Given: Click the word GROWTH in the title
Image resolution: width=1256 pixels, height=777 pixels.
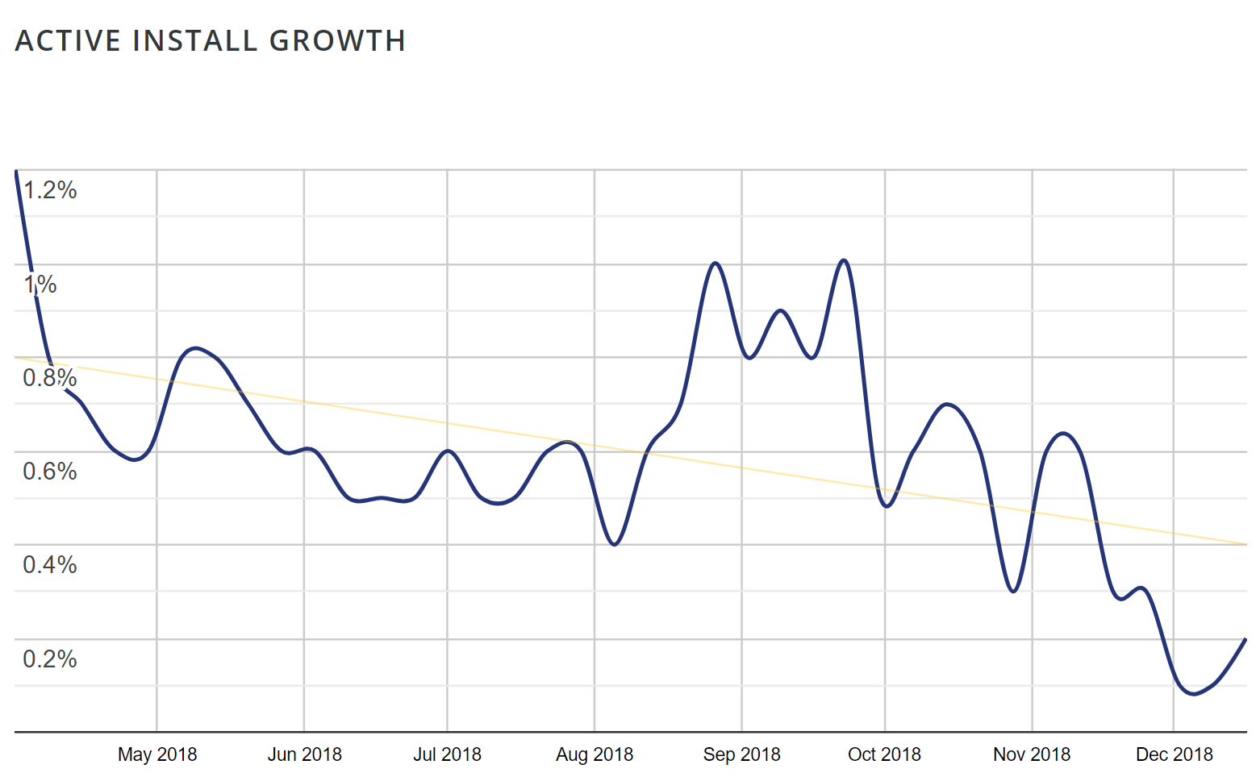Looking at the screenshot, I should pyautogui.click(x=337, y=41).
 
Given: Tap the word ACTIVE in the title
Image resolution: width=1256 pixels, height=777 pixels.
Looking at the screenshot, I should pyautogui.click(x=69, y=41).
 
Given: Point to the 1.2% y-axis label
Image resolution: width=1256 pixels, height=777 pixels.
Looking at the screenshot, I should pyautogui.click(x=50, y=190).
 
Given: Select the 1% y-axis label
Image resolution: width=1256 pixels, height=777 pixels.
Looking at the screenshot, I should pyautogui.click(x=40, y=285).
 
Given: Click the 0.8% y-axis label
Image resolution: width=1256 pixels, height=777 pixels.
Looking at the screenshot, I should pyautogui.click(x=50, y=378).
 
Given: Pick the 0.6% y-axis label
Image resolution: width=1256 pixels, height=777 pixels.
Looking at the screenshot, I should pyautogui.click(x=50, y=472).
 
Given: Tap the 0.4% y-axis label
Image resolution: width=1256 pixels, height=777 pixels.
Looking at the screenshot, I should pyautogui.click(x=50, y=565).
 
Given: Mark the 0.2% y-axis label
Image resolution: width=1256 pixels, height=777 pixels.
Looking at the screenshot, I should pyautogui.click(x=50, y=659).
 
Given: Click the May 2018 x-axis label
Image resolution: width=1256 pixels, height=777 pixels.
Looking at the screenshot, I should pyautogui.click(x=157, y=754).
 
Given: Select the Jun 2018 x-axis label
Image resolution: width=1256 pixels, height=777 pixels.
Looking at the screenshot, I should pyautogui.click(x=304, y=754).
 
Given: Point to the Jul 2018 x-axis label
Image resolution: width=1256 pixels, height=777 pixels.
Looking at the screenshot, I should pyautogui.click(x=447, y=754).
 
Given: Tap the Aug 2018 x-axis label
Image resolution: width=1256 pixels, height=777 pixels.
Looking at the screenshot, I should pyautogui.click(x=595, y=754).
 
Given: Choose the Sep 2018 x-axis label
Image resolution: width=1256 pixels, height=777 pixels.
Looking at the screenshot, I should pyautogui.click(x=741, y=754).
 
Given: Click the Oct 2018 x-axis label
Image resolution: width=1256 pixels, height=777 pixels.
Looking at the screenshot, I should pyautogui.click(x=884, y=754).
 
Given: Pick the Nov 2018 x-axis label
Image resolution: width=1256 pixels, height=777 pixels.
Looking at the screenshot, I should pyautogui.click(x=1032, y=754).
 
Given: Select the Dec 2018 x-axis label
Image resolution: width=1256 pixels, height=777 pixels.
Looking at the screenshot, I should pyautogui.click(x=1174, y=754).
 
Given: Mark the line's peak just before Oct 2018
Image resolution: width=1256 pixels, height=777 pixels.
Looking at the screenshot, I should pyautogui.click(x=844, y=260).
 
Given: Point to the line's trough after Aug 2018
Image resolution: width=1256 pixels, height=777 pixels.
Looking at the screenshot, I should pyautogui.click(x=615, y=545).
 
